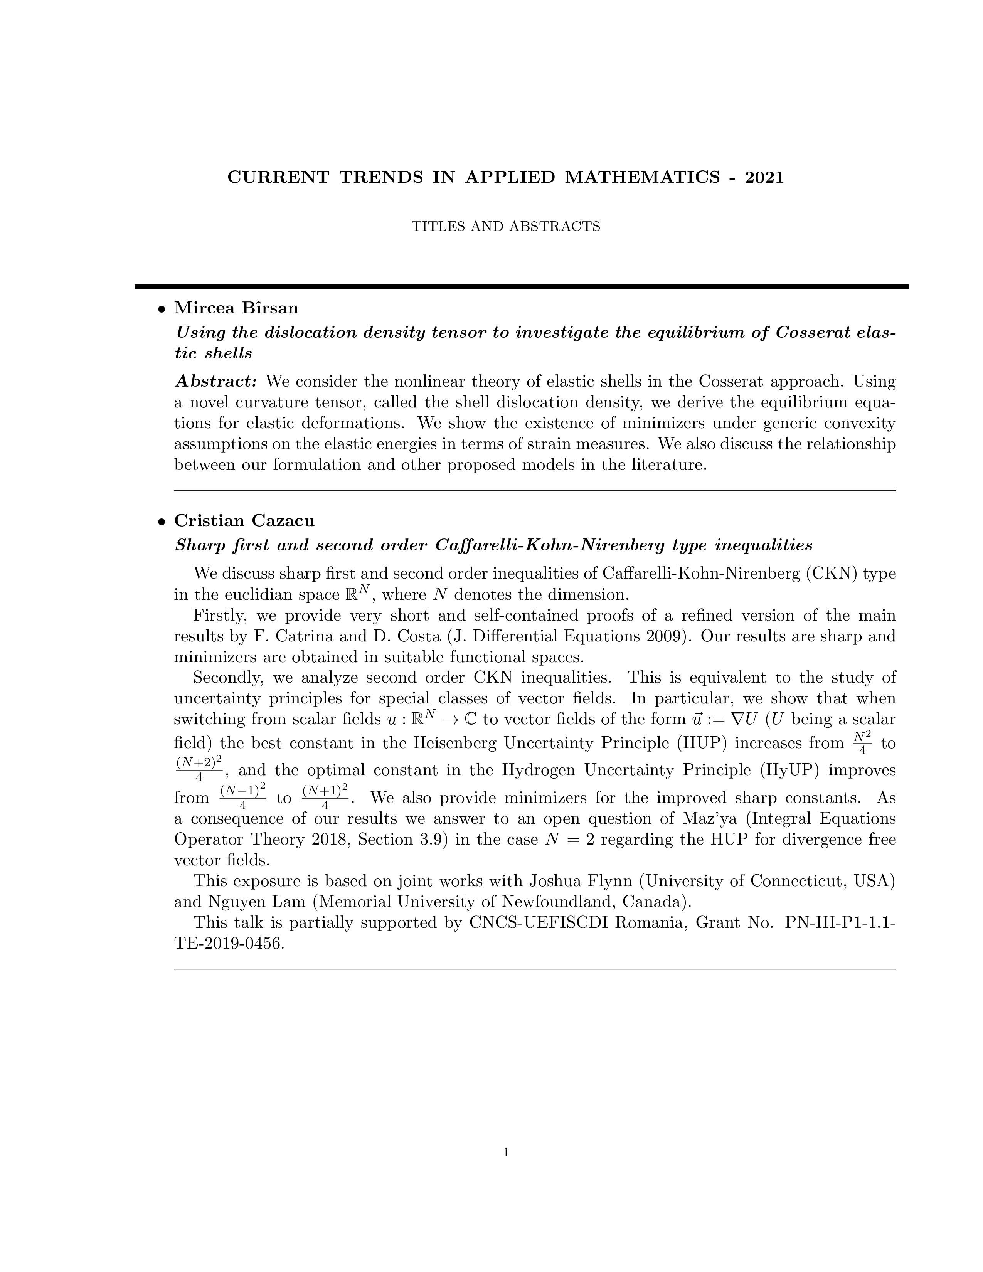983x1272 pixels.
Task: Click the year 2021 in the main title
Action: click(x=765, y=177)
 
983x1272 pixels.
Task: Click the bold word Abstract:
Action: click(x=216, y=382)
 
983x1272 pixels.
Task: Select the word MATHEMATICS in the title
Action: click(x=642, y=177)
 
